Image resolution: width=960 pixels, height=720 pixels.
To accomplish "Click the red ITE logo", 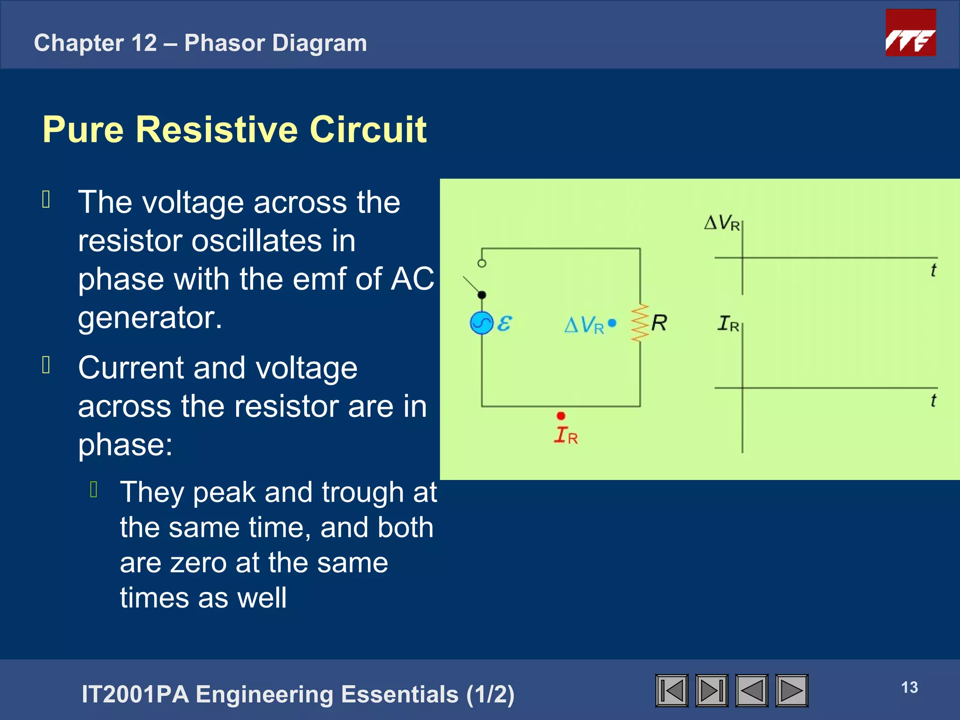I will [x=910, y=33].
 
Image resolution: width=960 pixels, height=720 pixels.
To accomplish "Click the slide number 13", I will [x=909, y=687].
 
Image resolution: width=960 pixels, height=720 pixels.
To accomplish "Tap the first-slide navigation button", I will [x=672, y=690].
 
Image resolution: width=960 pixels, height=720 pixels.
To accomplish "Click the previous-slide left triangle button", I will [x=752, y=690].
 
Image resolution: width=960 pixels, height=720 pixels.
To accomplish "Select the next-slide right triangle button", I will [x=792, y=690].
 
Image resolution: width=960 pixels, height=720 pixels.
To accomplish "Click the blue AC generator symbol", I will [x=481, y=323].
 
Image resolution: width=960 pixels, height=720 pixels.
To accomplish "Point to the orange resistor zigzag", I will [x=640, y=323].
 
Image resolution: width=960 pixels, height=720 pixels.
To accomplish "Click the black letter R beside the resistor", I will [x=659, y=323].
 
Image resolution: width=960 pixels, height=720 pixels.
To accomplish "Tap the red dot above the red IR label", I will [x=561, y=416].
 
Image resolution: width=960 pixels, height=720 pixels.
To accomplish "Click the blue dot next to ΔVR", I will [x=612, y=323].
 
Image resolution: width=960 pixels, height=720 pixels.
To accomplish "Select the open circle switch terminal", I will [x=482, y=263].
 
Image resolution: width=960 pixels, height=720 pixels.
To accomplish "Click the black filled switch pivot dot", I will [x=482, y=295].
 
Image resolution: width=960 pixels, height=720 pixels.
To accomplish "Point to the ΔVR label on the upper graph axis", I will [x=722, y=223].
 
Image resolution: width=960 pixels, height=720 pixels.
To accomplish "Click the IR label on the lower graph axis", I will [x=728, y=323].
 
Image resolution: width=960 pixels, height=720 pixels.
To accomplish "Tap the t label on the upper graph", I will [x=933, y=270].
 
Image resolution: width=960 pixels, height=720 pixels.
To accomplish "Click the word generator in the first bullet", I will [x=150, y=318].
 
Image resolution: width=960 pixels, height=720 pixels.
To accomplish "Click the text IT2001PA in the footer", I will [x=135, y=694].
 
